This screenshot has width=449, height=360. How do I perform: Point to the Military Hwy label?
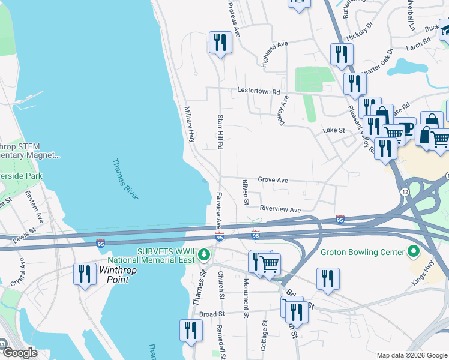(x=190, y=124)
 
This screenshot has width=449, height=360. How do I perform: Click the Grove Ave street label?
(x=273, y=180)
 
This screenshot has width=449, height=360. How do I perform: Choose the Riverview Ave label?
(x=280, y=209)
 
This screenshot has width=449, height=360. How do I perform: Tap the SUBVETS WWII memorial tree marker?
(x=204, y=255)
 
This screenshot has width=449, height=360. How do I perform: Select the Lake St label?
(x=334, y=130)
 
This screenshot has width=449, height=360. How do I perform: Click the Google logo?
(x=20, y=353)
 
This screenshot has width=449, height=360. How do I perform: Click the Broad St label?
(x=211, y=313)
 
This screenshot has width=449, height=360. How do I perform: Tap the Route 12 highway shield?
(x=404, y=190)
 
